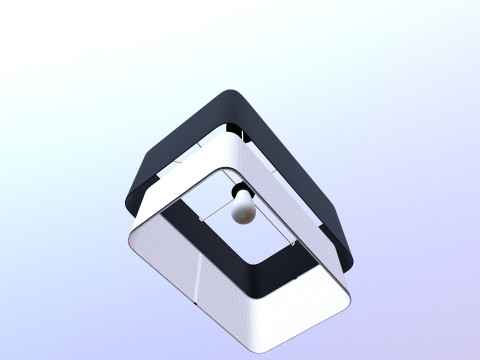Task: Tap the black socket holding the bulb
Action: click(x=238, y=190)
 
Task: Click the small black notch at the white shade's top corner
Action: click(x=241, y=131)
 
